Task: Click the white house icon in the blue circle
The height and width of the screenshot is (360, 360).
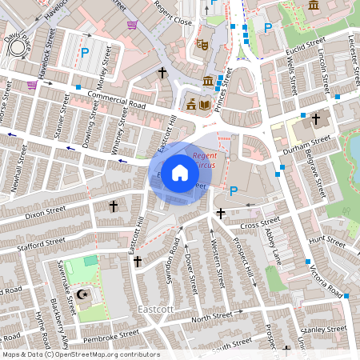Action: click(x=180, y=173)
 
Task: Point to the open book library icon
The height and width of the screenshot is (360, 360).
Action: click(x=205, y=104)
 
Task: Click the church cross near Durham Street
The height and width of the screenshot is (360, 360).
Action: click(x=315, y=119)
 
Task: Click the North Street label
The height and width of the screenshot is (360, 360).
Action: click(x=210, y=318)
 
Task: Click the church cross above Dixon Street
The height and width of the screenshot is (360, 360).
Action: click(x=113, y=206)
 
